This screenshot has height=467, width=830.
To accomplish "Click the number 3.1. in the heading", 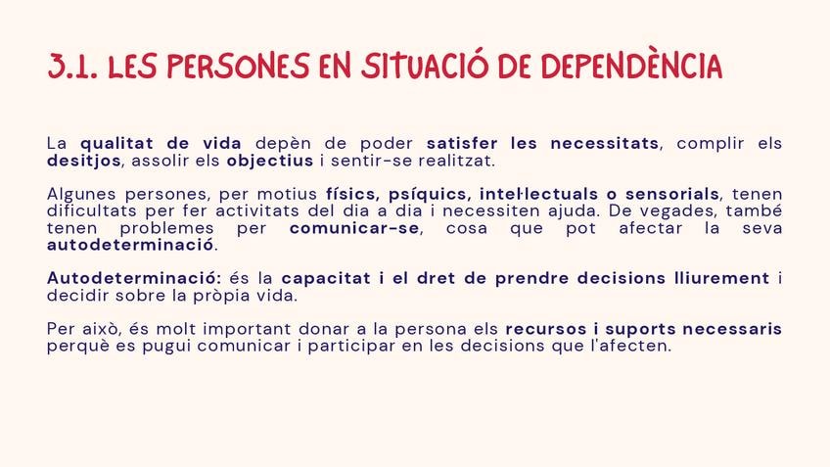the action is click(72, 67).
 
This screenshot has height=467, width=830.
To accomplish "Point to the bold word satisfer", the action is click(462, 144).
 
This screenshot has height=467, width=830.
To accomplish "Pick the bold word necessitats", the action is click(605, 144).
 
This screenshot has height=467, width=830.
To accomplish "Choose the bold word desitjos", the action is click(84, 161).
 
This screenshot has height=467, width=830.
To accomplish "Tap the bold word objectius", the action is click(270, 161).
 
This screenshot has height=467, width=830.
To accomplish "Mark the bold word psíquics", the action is click(429, 194).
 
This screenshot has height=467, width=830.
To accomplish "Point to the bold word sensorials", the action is click(672, 194).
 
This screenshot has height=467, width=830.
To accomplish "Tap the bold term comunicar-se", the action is click(354, 228).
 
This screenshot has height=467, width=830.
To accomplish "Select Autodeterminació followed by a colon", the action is click(134, 278).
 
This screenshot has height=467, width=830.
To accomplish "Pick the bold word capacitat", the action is click(326, 278).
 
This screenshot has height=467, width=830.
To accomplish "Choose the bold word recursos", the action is click(546, 329).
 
